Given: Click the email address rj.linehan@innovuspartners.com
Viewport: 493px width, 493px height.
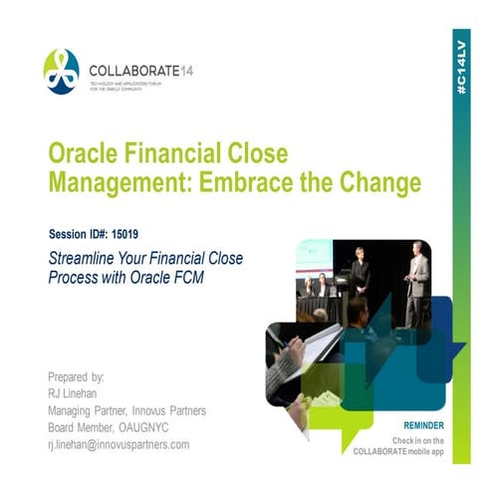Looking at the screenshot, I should [x=119, y=444].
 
